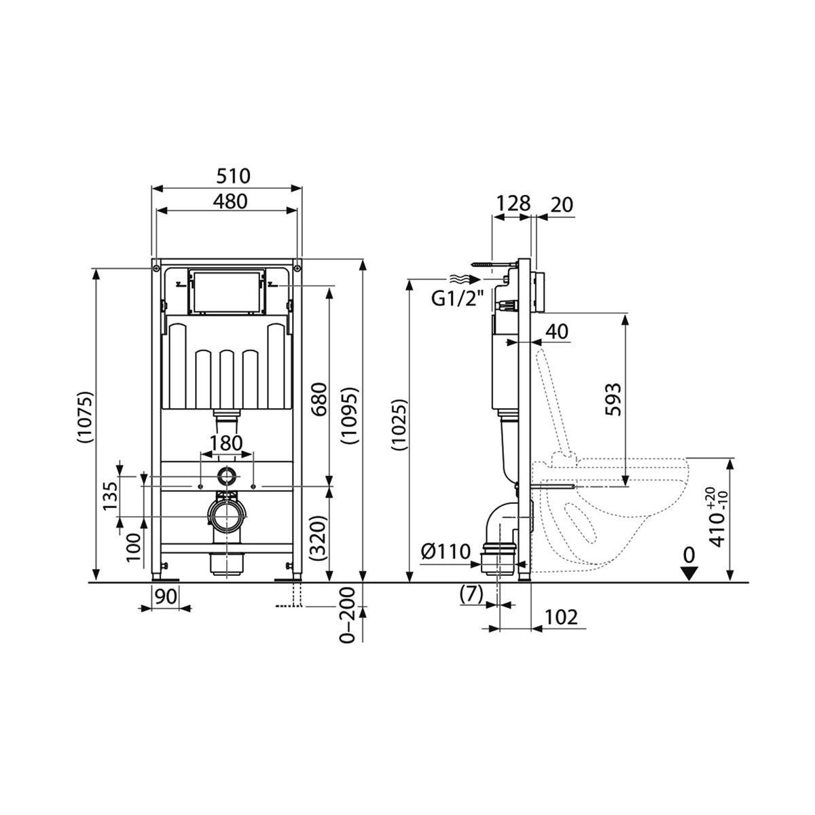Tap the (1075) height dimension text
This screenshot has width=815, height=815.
click(84, 417)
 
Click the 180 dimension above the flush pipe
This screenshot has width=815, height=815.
click(226, 443)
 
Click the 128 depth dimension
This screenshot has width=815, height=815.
click(513, 203)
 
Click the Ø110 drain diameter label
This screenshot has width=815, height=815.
click(445, 551)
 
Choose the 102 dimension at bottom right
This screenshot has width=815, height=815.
click(560, 617)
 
